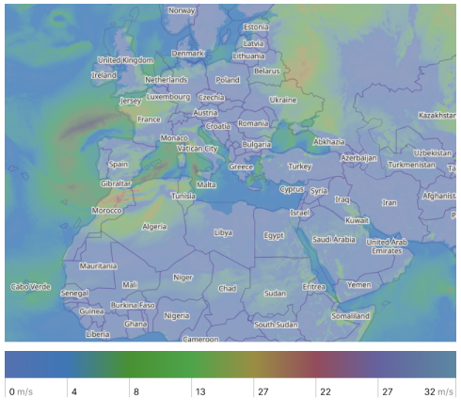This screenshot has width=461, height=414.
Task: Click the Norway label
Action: pyautogui.click(x=182, y=10)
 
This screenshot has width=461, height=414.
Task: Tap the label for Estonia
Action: pyautogui.click(x=256, y=27)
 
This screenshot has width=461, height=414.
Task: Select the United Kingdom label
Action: pyautogui.click(x=125, y=60)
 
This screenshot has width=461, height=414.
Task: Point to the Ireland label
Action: pyautogui.click(x=103, y=74)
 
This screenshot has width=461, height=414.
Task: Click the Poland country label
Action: pyautogui.click(x=229, y=81)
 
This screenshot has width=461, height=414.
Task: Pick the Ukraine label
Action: pyautogui.click(x=283, y=99)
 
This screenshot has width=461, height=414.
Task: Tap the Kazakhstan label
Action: pyautogui.click(x=437, y=115)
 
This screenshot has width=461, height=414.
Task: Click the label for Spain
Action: pyautogui.click(x=119, y=164)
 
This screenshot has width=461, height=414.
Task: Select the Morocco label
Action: pyautogui.click(x=107, y=210)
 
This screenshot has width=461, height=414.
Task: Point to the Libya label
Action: pyautogui.click(x=223, y=231)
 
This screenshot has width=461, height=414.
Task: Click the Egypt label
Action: pyautogui.click(x=274, y=235)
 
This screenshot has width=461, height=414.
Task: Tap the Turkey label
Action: pyautogui.click(x=299, y=166)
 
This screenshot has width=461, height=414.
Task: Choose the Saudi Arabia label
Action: pyautogui.click(x=334, y=239)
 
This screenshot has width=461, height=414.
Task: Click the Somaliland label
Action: pyautogui.click(x=351, y=316)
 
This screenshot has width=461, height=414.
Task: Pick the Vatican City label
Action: pyautogui.click(x=198, y=149)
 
